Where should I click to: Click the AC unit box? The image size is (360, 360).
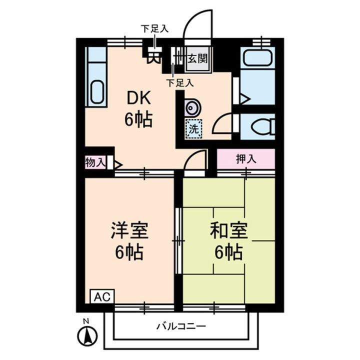(x=101, y=295)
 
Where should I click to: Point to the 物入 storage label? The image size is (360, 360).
(x=95, y=162)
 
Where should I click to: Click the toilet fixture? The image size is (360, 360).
(x=262, y=127)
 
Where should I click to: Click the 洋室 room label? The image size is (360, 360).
(x=129, y=231)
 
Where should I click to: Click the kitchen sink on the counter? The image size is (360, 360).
(x=96, y=92)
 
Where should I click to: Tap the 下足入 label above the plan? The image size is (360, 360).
(x=154, y=28)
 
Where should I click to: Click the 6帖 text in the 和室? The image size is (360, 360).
(x=228, y=252)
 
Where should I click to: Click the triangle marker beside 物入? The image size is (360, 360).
(x=118, y=163)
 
